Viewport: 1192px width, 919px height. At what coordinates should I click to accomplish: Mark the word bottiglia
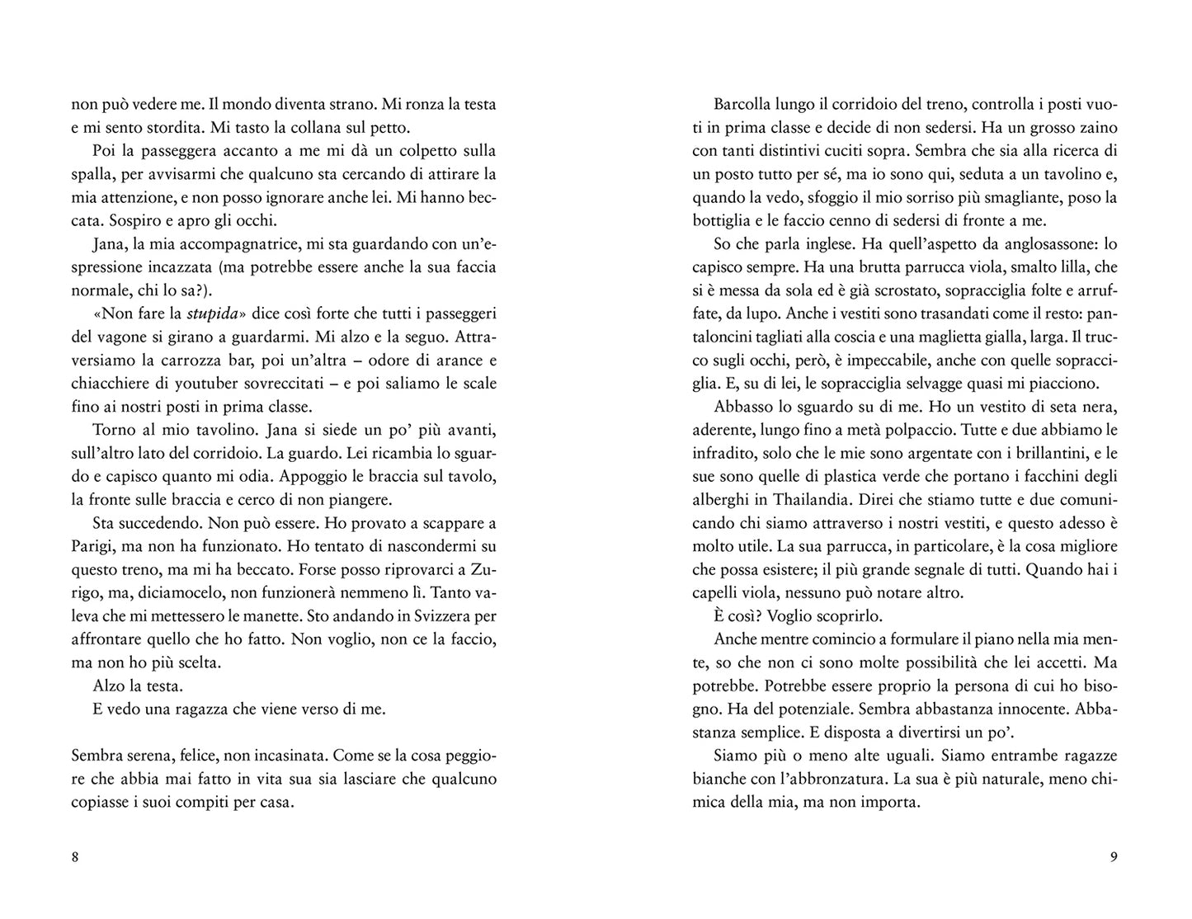point(723,221)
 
